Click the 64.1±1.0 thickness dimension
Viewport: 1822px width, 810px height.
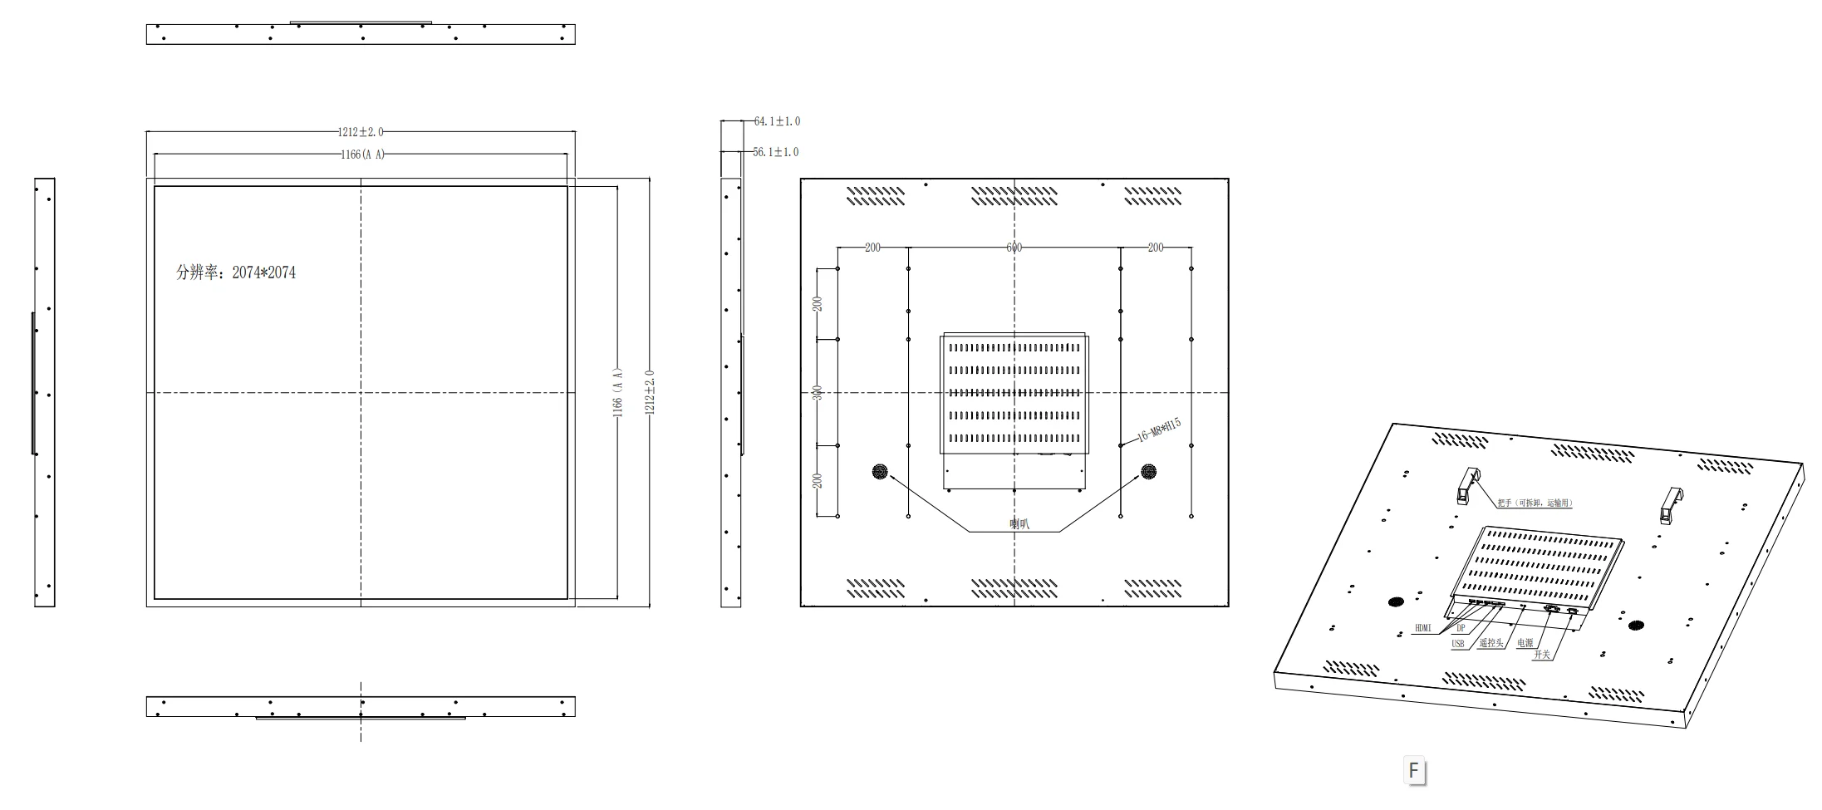(777, 121)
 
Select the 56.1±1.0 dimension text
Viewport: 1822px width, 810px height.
(776, 152)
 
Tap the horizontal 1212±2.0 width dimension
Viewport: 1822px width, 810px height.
(361, 132)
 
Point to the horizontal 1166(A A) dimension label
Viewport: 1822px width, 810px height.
(363, 155)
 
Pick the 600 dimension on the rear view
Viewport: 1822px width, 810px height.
(1014, 248)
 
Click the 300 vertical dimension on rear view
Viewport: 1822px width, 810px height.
(817, 392)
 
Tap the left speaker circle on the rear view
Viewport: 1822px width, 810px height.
(880, 472)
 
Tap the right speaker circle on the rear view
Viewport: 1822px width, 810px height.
(1148, 472)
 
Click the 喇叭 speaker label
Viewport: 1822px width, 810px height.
(1019, 523)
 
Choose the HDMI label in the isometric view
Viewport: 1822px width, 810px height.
(1423, 628)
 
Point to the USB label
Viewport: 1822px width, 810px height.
(1458, 644)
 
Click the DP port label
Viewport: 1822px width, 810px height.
(1461, 629)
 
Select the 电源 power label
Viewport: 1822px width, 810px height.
(1525, 643)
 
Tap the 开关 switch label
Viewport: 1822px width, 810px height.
(1542, 655)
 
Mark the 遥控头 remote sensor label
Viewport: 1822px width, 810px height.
(1491, 643)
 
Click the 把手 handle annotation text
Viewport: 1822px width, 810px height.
(1535, 503)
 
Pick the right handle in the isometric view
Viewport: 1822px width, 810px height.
(1670, 504)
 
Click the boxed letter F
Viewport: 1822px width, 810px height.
(1414, 770)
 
